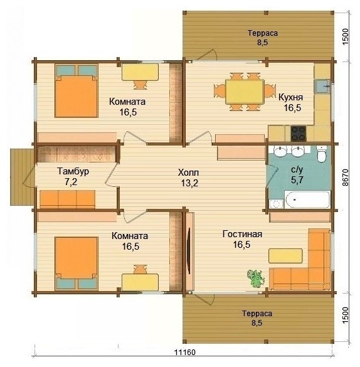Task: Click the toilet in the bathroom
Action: pyautogui.click(x=322, y=154)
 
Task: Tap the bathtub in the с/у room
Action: pyautogui.click(x=307, y=199)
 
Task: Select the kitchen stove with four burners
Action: pyautogui.click(x=299, y=134)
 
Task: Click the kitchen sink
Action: pyautogui.click(x=322, y=87)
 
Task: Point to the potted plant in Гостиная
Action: pyautogui.click(x=256, y=279)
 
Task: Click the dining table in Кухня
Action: pyautogui.click(x=245, y=92)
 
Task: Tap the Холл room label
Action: pyautogui.click(x=189, y=173)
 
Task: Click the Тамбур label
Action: pyautogui.click(x=73, y=171)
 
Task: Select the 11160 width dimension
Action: pyautogui.click(x=185, y=352)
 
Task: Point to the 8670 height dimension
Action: pyautogui.click(x=345, y=178)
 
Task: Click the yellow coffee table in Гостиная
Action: pyautogui.click(x=285, y=256)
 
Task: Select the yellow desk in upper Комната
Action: pyautogui.click(x=140, y=72)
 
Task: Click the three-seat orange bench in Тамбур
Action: pyautogui.click(x=67, y=199)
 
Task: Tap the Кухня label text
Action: pyautogui.click(x=290, y=97)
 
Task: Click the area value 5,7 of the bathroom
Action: pyautogui.click(x=297, y=180)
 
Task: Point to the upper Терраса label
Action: pyautogui.click(x=263, y=33)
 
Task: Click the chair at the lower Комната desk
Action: pyautogui.click(x=140, y=269)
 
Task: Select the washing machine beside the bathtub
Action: pyautogui.click(x=276, y=204)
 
